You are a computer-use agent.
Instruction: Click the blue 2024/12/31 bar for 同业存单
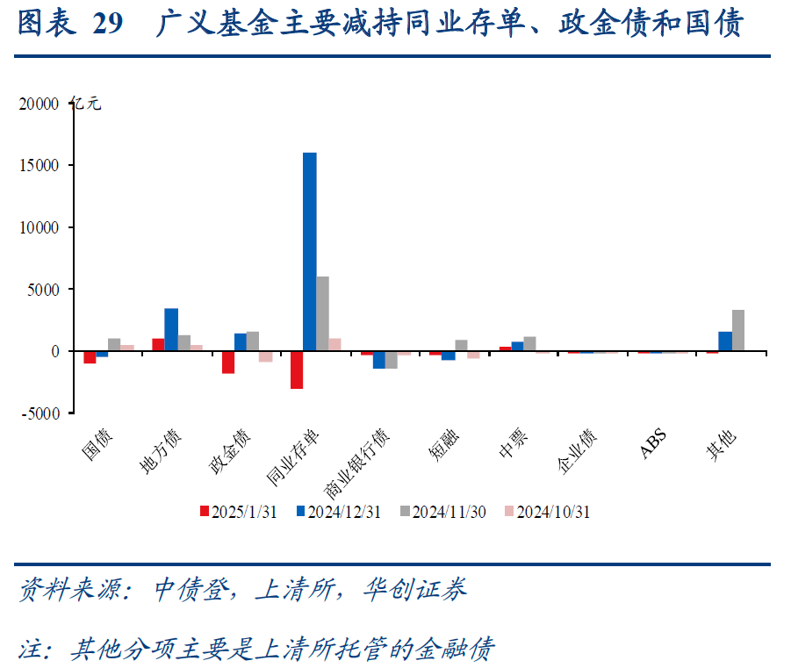pyautogui.click(x=309, y=252)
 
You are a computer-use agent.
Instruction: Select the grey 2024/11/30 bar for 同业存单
pyautogui.click(x=322, y=313)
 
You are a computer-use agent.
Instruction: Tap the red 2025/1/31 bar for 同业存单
pyautogui.click(x=297, y=370)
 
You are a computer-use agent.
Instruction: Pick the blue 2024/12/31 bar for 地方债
pyautogui.click(x=171, y=329)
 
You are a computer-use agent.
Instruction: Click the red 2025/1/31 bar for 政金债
pyautogui.click(x=228, y=362)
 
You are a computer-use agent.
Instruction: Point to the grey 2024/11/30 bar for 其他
pyautogui.click(x=738, y=330)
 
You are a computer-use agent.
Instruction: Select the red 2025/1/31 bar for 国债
pyautogui.click(x=90, y=356)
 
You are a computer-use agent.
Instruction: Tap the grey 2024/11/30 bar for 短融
pyautogui.click(x=461, y=345)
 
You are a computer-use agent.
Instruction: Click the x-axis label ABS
pyautogui.click(x=652, y=443)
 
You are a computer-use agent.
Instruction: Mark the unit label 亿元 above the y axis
pyautogui.click(x=88, y=104)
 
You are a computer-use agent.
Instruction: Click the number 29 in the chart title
pyautogui.click(x=107, y=25)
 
